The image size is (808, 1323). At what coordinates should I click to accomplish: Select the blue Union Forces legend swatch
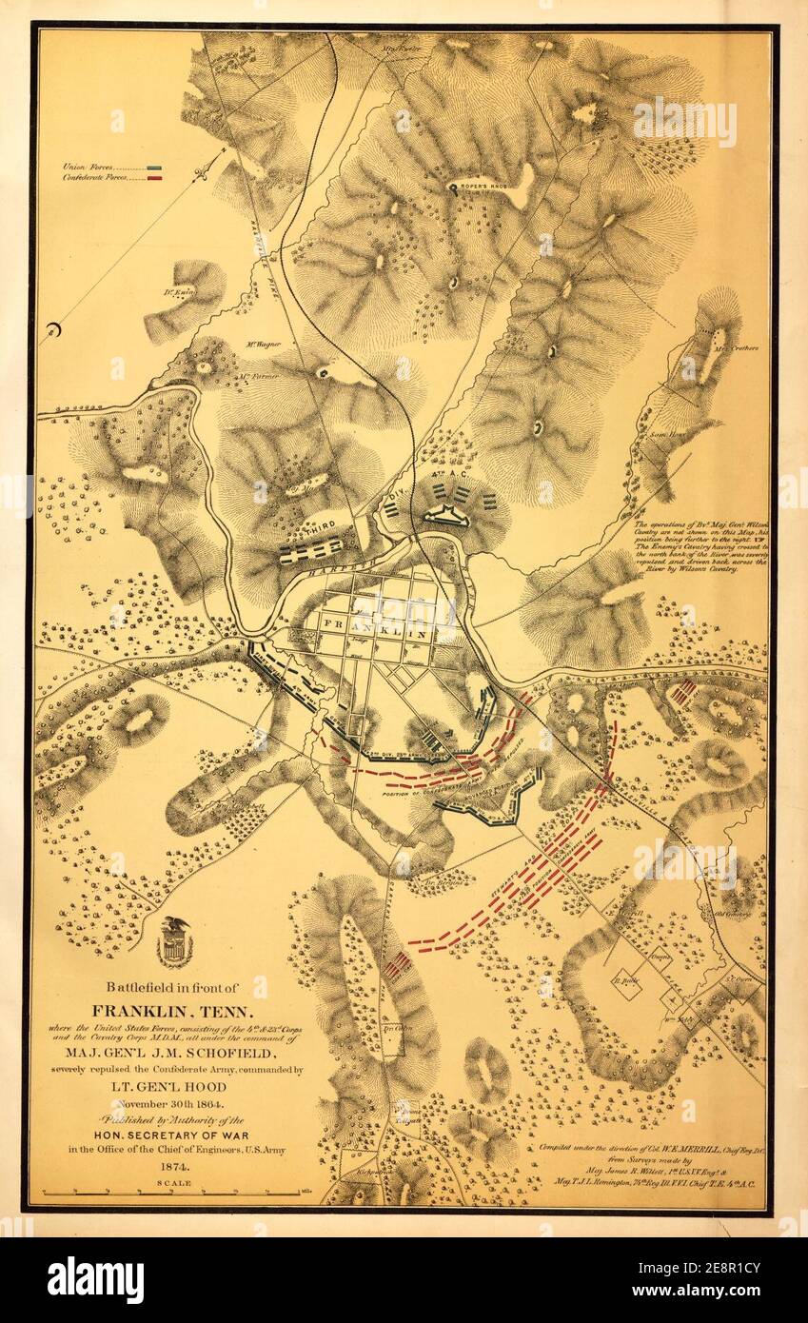155,167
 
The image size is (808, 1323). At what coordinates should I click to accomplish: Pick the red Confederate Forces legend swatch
155,177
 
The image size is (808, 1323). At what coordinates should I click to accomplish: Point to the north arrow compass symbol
202,173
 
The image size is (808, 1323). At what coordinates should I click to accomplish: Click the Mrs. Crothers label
738,348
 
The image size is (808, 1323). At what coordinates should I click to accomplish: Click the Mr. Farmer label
257,376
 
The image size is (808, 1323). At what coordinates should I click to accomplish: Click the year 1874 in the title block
174,1164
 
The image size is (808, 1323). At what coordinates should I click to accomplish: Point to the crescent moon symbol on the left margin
53,331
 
